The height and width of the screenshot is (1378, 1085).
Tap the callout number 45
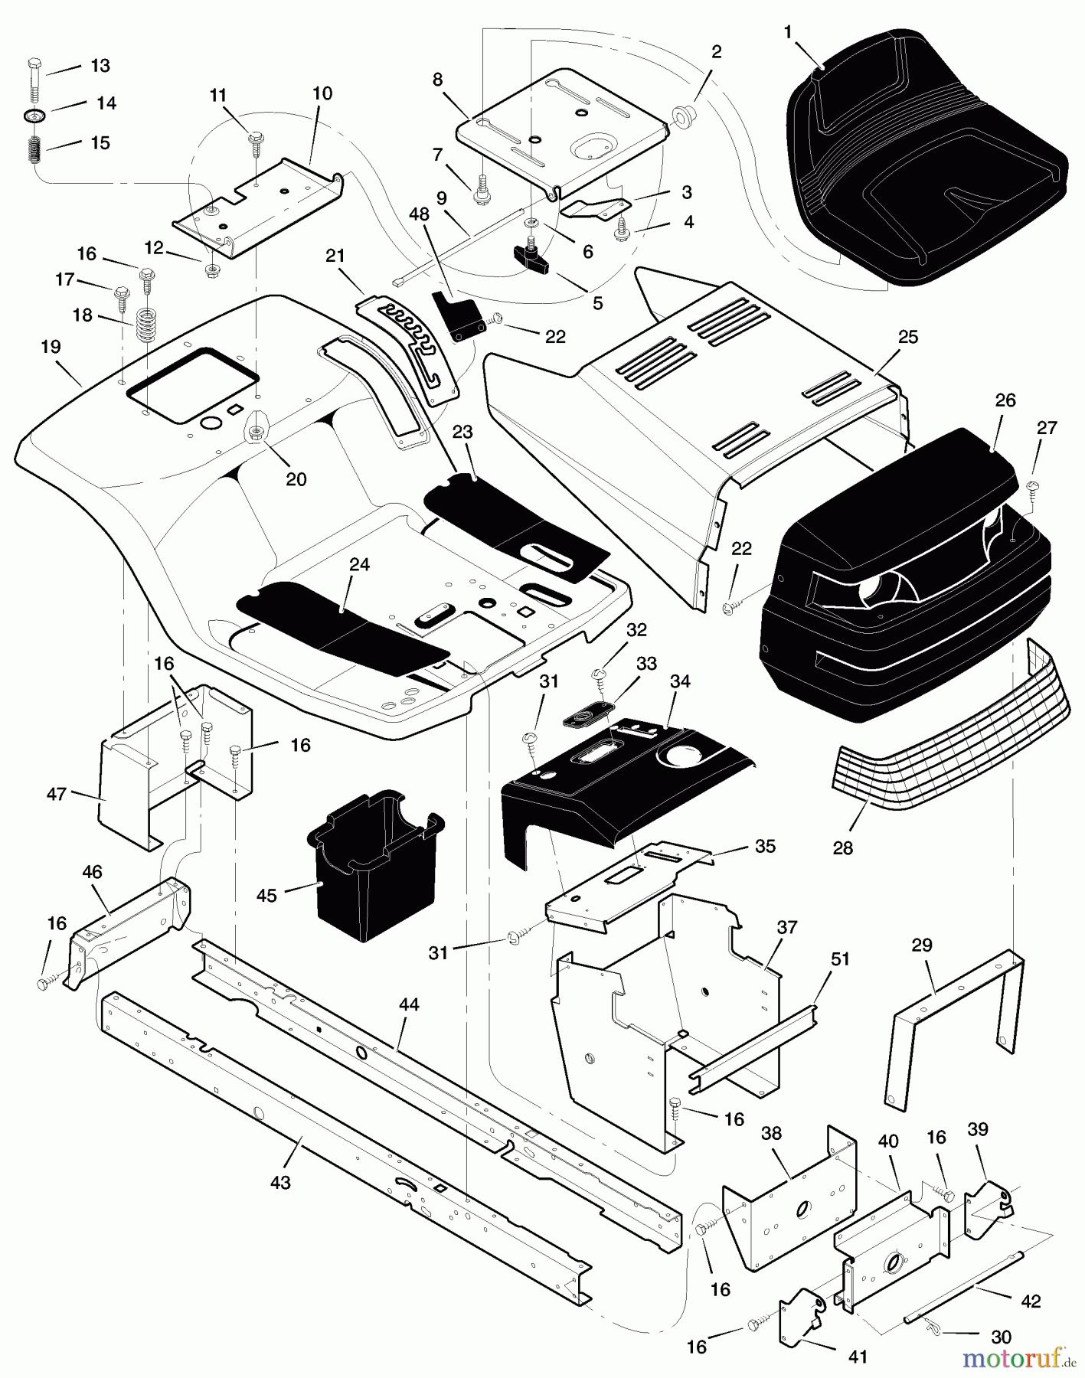point(266,895)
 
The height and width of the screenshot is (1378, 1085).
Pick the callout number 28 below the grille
point(842,848)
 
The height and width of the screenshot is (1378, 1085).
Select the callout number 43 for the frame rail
point(281,1183)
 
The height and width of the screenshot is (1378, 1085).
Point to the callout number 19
point(51,347)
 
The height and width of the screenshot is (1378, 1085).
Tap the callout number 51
point(840,959)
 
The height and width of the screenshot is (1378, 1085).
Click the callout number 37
point(786,928)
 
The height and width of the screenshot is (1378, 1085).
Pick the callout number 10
point(322,93)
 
